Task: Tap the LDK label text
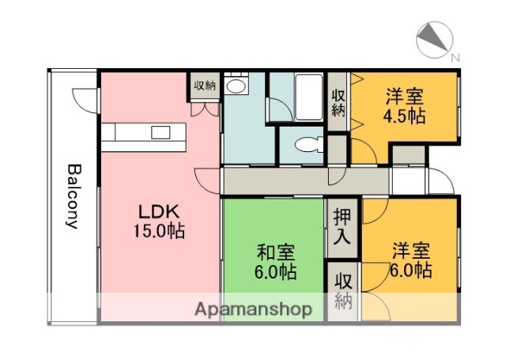[160, 212]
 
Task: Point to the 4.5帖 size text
[404, 116]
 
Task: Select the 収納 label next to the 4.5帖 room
[338, 102]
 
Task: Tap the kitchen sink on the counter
[161, 131]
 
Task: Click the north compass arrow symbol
[432, 36]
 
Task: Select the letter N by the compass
[455, 57]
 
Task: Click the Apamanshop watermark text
[253, 309]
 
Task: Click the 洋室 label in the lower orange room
[411, 252]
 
